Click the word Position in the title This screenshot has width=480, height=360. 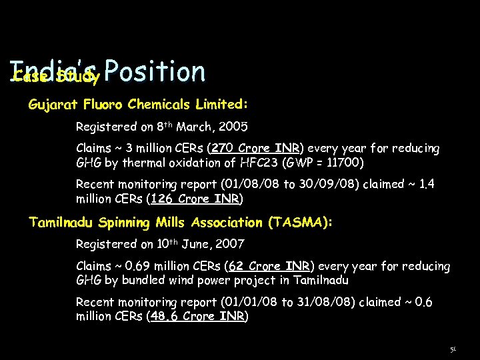155,72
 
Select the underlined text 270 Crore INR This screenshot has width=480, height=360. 257,148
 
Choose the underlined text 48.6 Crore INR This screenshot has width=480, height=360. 198,317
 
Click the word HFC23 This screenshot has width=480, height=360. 259,163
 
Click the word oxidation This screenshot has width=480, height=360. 195,163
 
